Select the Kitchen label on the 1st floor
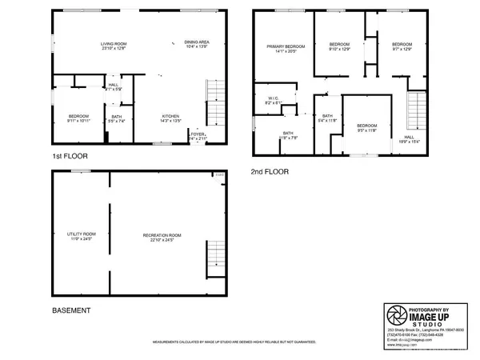[x=170, y=118]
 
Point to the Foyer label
[x=198, y=136]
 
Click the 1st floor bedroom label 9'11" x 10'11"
[x=78, y=118]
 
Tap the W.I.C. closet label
[x=273, y=101]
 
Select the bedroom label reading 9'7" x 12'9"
[x=400, y=46]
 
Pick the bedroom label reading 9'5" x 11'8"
[x=366, y=126]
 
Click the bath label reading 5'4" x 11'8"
[x=327, y=118]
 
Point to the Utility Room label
[x=80, y=237]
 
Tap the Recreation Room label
[x=162, y=237]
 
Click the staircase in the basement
[x=216, y=256]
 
